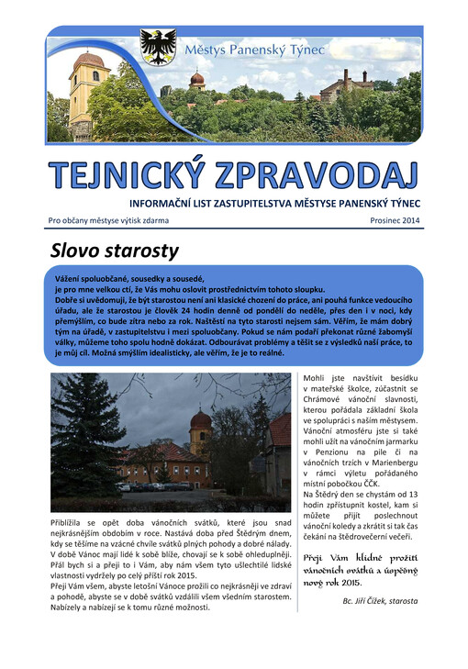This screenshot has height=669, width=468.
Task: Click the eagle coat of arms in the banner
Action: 158,46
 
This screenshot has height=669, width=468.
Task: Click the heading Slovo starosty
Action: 114,250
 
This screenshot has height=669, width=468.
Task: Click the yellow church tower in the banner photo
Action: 90,92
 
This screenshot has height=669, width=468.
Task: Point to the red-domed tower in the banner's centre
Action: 196,82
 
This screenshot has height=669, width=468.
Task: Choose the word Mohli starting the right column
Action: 318,377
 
